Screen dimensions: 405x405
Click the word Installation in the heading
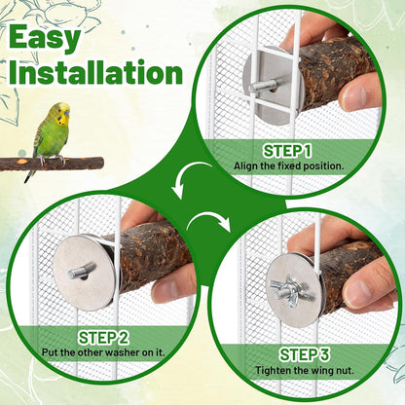point(96,72)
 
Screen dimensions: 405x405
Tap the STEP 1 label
point(287,151)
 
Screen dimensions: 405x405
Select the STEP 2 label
point(103,338)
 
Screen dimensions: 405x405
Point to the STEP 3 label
point(304,354)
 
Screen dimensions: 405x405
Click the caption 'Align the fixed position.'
point(288,166)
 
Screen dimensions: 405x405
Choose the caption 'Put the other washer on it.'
point(103,352)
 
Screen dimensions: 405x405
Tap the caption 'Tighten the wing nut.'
point(304,370)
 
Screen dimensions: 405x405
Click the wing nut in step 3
point(290,290)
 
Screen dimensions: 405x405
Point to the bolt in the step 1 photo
point(263,86)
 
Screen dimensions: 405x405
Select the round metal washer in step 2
point(84,273)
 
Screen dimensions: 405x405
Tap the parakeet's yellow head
point(61,113)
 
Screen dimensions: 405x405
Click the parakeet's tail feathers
point(30,174)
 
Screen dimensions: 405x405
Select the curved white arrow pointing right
point(209,221)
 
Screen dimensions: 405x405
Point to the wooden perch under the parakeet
point(52,164)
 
